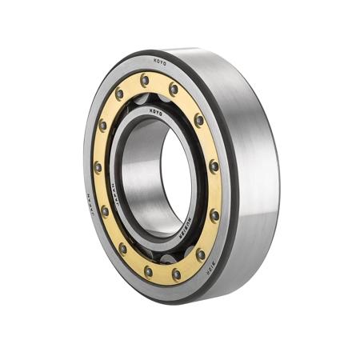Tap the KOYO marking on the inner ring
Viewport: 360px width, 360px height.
point(155,113)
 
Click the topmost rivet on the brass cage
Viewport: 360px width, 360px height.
point(144,80)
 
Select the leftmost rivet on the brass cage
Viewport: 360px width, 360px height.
point(98,167)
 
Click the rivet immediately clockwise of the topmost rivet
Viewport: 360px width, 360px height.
point(174,90)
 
